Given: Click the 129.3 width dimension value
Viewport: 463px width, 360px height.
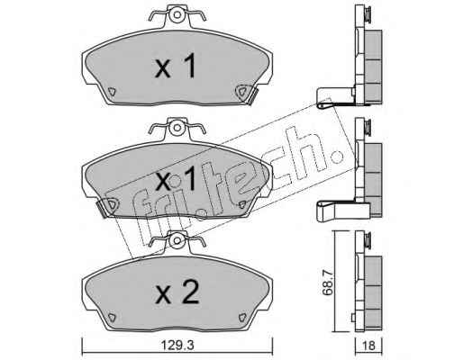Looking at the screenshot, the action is (x=177, y=345).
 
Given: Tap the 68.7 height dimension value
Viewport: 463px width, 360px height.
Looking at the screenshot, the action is (x=328, y=283).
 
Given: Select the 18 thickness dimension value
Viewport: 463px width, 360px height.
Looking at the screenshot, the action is (x=368, y=346).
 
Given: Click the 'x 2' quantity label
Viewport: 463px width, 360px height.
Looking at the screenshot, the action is (x=177, y=292).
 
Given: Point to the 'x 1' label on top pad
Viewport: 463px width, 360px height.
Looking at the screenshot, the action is (x=176, y=66).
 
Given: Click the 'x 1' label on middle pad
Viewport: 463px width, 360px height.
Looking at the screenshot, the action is (x=176, y=179).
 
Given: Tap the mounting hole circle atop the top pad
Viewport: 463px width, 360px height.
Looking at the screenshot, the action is (x=177, y=14).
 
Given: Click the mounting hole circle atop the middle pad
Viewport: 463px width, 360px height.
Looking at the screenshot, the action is (x=177, y=128).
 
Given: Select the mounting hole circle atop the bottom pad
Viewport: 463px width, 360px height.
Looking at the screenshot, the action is (x=177, y=241).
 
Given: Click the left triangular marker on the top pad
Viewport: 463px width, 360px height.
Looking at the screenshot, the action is (x=112, y=91).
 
